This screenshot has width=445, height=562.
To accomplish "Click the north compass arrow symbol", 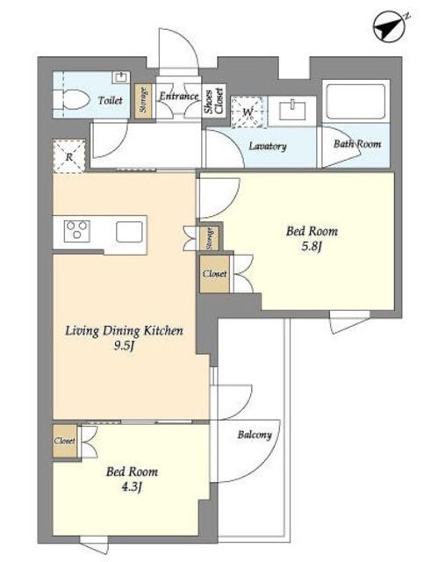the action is (390, 27).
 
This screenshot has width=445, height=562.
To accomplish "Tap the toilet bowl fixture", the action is (72, 99).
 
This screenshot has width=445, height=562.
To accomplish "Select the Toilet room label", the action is (110, 100).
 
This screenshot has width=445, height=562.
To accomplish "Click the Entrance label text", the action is (179, 96).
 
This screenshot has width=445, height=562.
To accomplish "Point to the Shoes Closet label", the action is (214, 101).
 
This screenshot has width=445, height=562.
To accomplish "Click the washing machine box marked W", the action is (248, 112).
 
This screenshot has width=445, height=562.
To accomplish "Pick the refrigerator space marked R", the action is (69, 156).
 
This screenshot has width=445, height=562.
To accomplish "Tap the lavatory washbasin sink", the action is (292, 111).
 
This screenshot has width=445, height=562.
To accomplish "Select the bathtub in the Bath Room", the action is (355, 102).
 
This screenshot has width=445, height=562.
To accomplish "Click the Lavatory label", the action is (268, 147).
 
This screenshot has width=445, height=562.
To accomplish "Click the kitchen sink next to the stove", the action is (129, 232).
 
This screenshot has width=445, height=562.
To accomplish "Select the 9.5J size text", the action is (124, 346).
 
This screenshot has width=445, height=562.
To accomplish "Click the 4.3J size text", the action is (132, 486).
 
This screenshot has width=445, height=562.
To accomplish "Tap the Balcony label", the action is (255, 435).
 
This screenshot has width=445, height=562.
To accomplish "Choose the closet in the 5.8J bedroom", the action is (215, 274).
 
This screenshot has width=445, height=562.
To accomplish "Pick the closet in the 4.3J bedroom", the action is (65, 441).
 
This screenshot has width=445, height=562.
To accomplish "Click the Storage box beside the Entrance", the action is (143, 101).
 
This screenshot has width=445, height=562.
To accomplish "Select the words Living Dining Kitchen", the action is (124, 330).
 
